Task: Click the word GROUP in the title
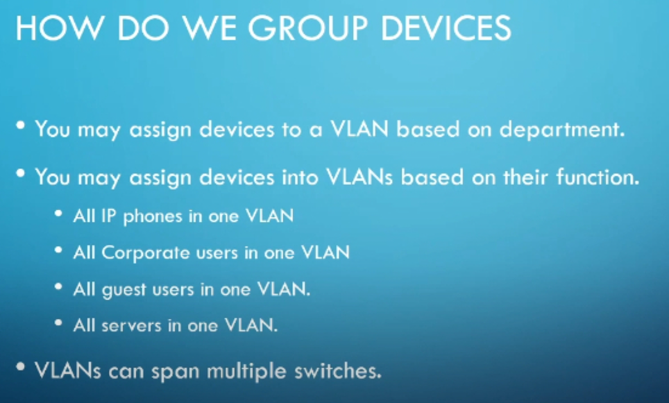pos(307,28)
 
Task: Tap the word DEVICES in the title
pos(446,28)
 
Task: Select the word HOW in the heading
pos(59,28)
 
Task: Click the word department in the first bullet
pos(562,130)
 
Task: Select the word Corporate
pos(146,253)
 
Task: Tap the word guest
pos(124,290)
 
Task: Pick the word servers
pos(131,326)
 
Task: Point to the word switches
pos(338,370)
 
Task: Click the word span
pos(176,372)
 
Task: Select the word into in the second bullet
pos(300,177)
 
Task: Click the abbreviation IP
pos(108,216)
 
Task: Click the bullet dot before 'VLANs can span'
pos(20,367)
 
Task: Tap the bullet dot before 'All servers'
pos(59,323)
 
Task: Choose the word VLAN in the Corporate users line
pos(325,252)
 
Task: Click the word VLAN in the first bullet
pos(359,129)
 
